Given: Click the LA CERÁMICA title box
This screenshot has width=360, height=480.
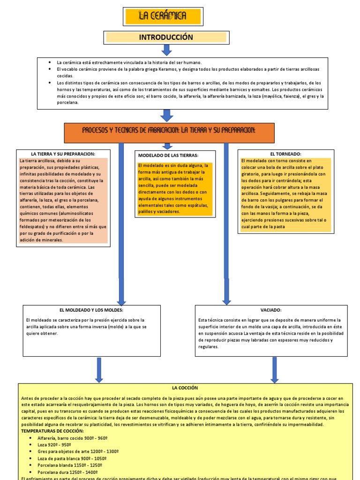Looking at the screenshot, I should click(163, 16).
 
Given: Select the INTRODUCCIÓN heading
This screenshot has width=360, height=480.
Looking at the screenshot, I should click(166, 37).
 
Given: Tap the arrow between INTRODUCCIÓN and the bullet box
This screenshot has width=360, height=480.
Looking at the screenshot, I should click(166, 50).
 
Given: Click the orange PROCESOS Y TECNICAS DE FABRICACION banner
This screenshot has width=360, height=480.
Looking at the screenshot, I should click(169, 129).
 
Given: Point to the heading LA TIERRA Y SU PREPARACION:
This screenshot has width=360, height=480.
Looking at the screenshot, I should click(63, 154).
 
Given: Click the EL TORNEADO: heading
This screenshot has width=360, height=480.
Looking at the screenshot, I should click(285, 154).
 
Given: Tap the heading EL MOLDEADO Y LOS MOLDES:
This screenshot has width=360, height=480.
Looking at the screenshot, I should click(91, 310).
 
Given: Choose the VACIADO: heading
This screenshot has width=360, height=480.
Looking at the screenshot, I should click(271, 310).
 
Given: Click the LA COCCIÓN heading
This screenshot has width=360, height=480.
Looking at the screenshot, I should click(185, 388).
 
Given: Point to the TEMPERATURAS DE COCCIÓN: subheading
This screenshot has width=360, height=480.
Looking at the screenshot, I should click(53, 431).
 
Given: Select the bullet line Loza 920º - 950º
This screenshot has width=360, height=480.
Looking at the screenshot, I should click(54, 444).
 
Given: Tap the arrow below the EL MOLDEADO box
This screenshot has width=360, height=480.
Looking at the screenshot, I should click(99, 370).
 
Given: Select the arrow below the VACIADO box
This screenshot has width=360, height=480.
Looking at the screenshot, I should click(275, 370).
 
